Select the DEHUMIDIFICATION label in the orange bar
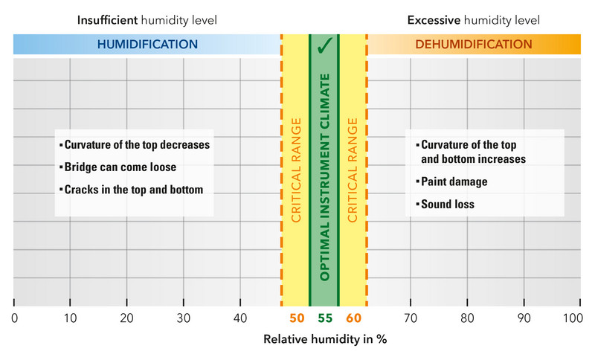pos(474,45)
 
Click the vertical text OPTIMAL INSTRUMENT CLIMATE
pos(324,178)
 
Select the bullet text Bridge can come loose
pos(120,167)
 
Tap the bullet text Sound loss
pos(447,204)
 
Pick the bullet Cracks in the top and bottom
pos(133,190)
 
